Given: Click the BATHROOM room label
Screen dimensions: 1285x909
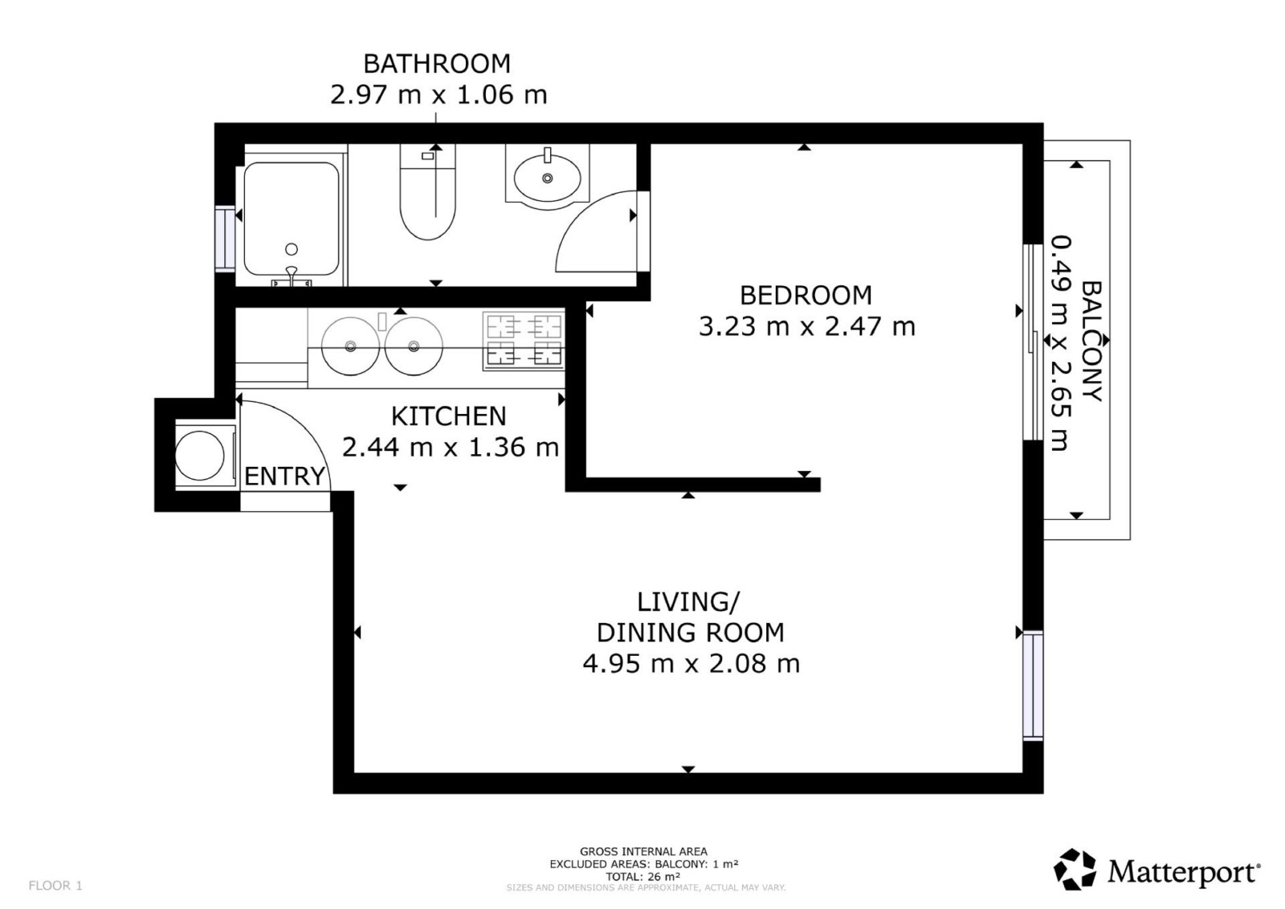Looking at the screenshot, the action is pyautogui.click(x=437, y=63).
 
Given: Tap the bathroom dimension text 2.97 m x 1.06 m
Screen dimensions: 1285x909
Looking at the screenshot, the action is pyautogui.click(x=439, y=95).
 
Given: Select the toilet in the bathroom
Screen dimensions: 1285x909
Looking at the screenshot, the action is pyautogui.click(x=427, y=192).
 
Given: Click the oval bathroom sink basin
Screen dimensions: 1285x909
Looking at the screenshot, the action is pyautogui.click(x=547, y=178).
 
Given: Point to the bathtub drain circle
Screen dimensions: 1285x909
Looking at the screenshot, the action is pyautogui.click(x=292, y=249).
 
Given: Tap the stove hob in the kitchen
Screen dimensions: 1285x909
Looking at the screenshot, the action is pyautogui.click(x=524, y=341).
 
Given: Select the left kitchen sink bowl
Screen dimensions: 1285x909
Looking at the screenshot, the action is pyautogui.click(x=350, y=346).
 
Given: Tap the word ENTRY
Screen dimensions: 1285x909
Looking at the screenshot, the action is pyautogui.click(x=284, y=476).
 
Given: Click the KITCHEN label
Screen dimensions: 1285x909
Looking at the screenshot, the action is pyautogui.click(x=449, y=416).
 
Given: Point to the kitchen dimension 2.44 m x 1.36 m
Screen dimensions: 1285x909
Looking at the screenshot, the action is pyautogui.click(x=451, y=448).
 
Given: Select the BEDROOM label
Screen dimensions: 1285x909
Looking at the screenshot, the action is pyautogui.click(x=806, y=296).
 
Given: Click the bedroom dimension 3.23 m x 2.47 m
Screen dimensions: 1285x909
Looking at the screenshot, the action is pyautogui.click(x=807, y=327).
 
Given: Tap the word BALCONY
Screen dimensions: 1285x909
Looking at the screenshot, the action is pyautogui.click(x=1091, y=341).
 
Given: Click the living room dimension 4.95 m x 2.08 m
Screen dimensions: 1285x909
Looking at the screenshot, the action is pyautogui.click(x=691, y=664).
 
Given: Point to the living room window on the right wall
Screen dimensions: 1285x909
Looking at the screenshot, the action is pyautogui.click(x=1033, y=686).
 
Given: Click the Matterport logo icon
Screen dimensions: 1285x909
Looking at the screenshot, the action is pyautogui.click(x=1075, y=870).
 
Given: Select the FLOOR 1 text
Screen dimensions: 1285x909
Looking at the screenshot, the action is pyautogui.click(x=55, y=886).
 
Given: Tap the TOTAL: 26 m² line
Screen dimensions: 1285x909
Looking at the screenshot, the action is pyautogui.click(x=643, y=877).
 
